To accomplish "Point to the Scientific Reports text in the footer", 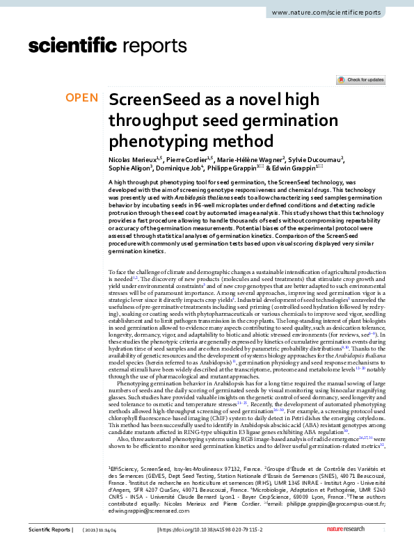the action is coord(49,530).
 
